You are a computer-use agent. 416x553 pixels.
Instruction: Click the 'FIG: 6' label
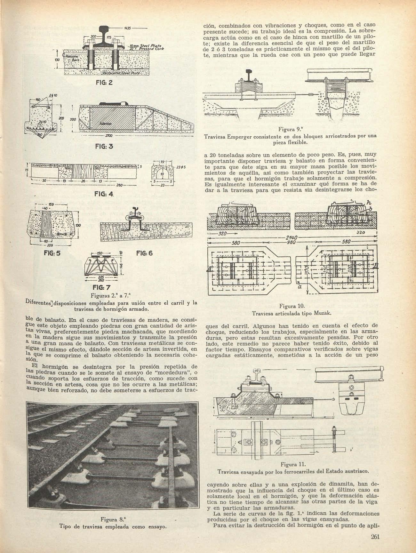pos(144,253)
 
